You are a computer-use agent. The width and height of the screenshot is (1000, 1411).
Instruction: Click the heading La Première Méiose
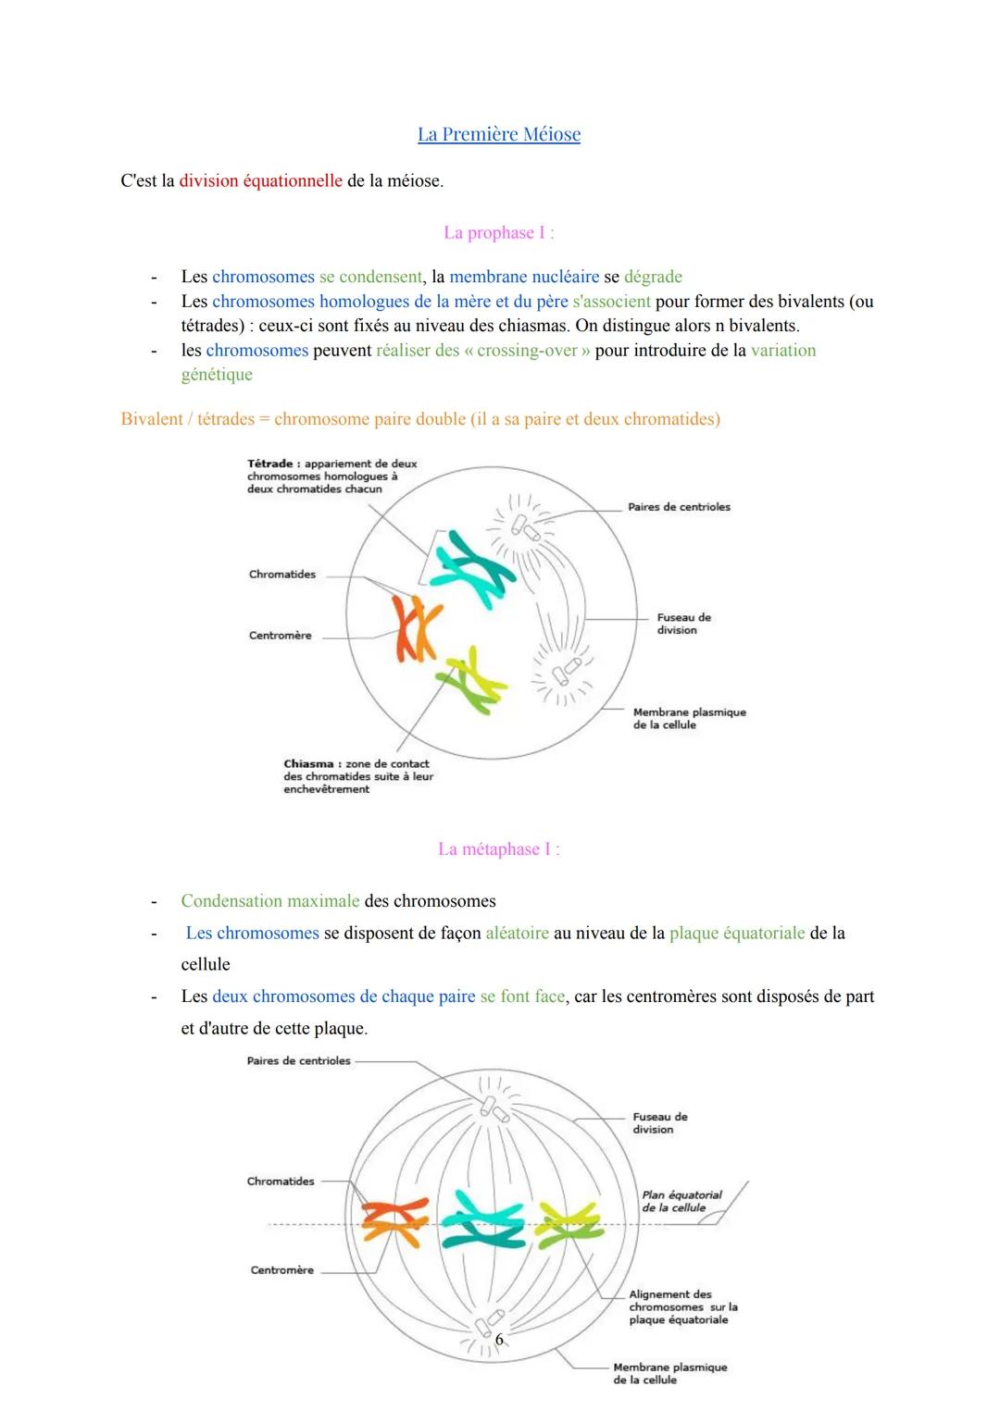(x=499, y=134)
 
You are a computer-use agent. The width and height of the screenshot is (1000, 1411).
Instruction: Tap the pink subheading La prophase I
(x=498, y=233)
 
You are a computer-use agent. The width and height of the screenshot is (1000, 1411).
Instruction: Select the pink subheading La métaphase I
(x=498, y=849)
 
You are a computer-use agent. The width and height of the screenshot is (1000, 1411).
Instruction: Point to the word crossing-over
(x=527, y=351)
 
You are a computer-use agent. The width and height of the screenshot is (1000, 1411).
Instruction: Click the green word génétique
(x=217, y=375)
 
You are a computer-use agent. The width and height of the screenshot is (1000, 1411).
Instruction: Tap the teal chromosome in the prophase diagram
(x=472, y=569)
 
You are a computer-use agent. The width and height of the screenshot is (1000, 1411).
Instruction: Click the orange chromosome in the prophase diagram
(x=413, y=629)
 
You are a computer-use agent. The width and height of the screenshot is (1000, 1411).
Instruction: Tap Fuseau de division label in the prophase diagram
(x=683, y=624)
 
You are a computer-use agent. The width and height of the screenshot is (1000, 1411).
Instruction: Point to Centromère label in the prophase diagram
(x=280, y=636)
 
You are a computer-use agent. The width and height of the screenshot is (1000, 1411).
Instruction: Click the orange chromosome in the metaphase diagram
(x=394, y=1220)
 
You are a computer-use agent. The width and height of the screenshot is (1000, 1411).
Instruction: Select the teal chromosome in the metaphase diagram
(x=481, y=1221)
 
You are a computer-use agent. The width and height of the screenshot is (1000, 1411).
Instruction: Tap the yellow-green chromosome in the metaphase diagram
(x=568, y=1223)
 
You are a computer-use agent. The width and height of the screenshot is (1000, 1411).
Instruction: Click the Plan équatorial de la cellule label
(x=681, y=1201)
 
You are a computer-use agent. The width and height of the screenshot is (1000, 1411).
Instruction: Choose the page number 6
(x=499, y=1339)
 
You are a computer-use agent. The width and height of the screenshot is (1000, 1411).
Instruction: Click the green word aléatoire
(x=517, y=934)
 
